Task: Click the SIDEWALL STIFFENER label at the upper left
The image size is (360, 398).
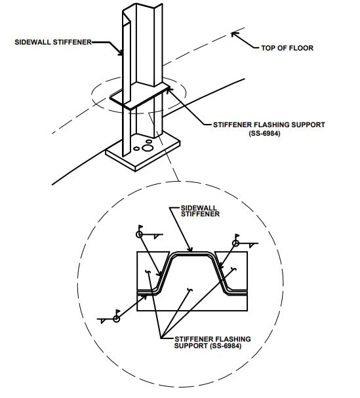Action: [53, 42]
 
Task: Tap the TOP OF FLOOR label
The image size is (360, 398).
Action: [287, 48]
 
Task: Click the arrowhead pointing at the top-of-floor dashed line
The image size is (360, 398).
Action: [234, 35]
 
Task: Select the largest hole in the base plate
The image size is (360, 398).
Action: [147, 148]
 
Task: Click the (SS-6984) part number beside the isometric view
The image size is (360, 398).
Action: [264, 133]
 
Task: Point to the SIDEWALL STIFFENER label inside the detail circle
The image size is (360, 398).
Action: [200, 211]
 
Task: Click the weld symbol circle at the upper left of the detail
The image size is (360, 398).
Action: [140, 234]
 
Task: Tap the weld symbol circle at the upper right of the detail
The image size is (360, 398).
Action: [236, 243]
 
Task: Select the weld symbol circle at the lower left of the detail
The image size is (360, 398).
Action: [116, 319]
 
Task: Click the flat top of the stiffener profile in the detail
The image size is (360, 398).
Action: [192, 253]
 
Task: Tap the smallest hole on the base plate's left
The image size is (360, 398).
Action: [136, 148]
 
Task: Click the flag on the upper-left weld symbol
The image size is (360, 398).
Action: [140, 227]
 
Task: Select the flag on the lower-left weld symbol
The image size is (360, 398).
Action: [118, 311]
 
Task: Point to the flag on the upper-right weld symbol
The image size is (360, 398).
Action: [237, 236]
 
